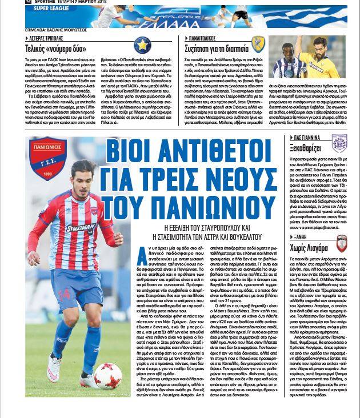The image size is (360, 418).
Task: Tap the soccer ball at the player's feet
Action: tap(108, 375)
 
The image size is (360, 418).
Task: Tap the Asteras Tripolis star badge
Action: tap(142, 45)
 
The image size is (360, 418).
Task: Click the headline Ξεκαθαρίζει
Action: tap(306, 150)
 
